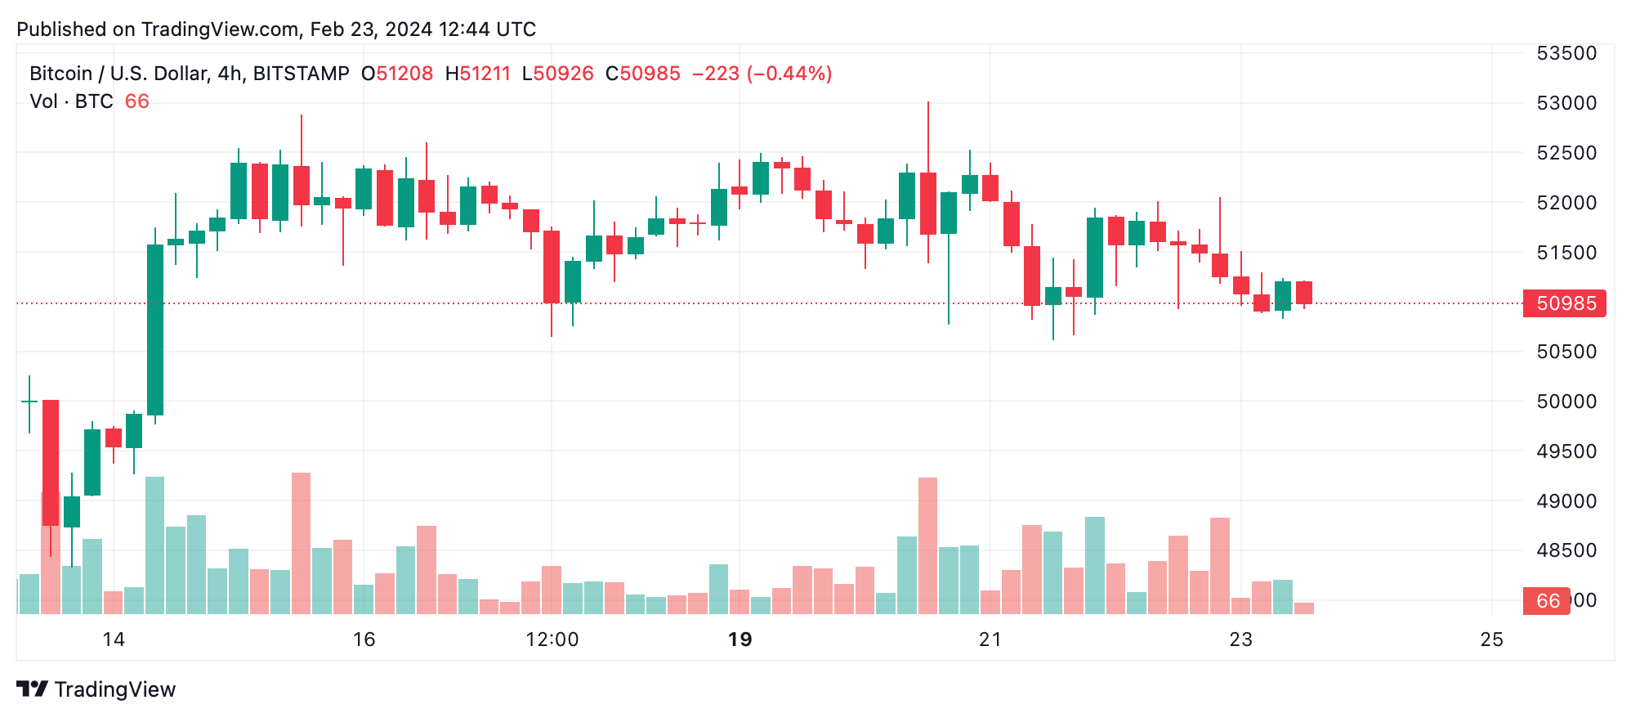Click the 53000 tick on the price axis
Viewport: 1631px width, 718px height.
pyautogui.click(x=1566, y=103)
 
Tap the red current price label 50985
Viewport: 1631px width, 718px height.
pyautogui.click(x=1565, y=303)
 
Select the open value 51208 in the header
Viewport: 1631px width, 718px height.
pyautogui.click(x=404, y=74)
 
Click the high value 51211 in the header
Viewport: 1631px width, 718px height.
pyautogui.click(x=485, y=74)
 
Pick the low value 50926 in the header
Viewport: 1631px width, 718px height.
pyautogui.click(x=563, y=74)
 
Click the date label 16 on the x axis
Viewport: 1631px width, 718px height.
pyautogui.click(x=364, y=639)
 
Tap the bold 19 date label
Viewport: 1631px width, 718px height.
pyautogui.click(x=740, y=639)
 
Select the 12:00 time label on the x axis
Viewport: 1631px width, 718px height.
pyautogui.click(x=552, y=639)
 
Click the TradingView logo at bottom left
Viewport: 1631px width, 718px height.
pyautogui.click(x=96, y=689)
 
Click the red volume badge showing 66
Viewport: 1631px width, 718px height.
pyautogui.click(x=1546, y=601)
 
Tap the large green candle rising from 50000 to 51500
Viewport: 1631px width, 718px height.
pyautogui.click(x=154, y=330)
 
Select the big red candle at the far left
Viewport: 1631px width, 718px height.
pyautogui.click(x=51, y=462)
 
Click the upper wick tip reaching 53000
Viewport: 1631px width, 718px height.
pyautogui.click(x=928, y=103)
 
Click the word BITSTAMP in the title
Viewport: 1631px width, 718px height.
pyautogui.click(x=301, y=74)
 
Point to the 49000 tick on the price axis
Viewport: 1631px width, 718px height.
pyautogui.click(x=1566, y=501)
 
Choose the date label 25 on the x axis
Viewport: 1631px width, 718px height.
pyautogui.click(x=1491, y=639)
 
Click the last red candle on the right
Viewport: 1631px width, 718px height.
pyautogui.click(x=1303, y=293)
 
